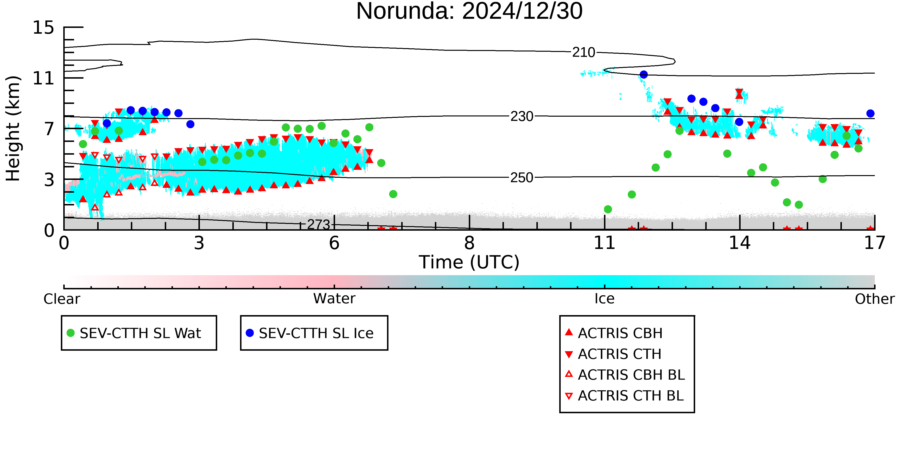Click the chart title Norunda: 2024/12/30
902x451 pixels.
point(469,11)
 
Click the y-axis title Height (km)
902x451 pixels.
point(13,128)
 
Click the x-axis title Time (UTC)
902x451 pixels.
point(469,262)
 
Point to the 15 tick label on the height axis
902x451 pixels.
point(44,27)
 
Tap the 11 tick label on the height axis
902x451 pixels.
point(44,78)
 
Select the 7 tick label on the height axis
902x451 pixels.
point(49,129)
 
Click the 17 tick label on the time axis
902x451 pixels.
point(875,243)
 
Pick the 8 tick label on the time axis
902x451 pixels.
point(469,243)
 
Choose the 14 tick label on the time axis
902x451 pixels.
point(740,243)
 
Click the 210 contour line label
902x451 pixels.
point(584,52)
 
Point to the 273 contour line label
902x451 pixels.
point(319,224)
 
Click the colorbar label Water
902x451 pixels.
point(334,299)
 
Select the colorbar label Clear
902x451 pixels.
point(62,299)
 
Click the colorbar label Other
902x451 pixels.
point(875,299)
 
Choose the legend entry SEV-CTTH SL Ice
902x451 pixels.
point(310,333)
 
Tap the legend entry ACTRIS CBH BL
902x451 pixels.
point(625,375)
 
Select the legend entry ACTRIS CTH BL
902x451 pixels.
point(625,396)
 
